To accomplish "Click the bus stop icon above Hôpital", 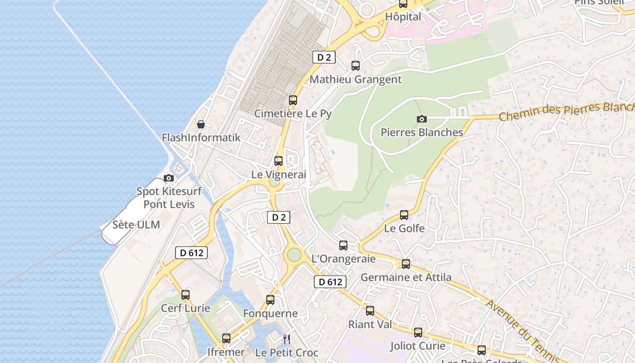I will [403, 4].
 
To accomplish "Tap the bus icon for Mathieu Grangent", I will [356, 66].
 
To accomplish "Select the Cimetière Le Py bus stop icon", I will [293, 100].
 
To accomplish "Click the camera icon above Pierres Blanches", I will [422, 119].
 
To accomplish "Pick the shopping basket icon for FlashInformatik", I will [201, 124].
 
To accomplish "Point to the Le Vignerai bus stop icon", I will [278, 161].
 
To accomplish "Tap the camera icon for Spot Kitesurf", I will [169, 178].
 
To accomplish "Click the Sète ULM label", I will [136, 225].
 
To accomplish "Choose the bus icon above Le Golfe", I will [404, 215].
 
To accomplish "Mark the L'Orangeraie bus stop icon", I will [343, 245].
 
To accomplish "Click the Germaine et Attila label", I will [406, 277].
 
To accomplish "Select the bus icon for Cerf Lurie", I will [186, 295].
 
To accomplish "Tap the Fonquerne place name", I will [270, 314].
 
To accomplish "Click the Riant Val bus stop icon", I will [370, 311].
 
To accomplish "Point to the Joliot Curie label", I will [418, 346].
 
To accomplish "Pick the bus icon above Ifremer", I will [226, 338].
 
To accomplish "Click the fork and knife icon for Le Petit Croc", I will [286, 339].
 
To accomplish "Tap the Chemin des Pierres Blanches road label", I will [567, 111].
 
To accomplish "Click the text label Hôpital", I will [403, 17].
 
